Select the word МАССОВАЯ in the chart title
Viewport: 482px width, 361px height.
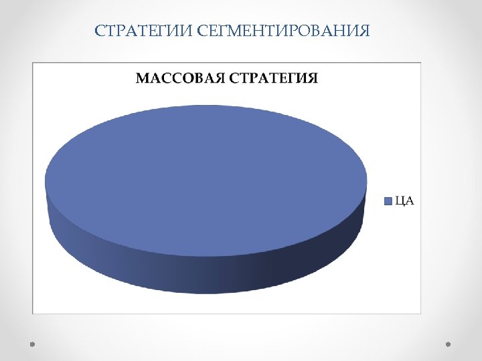(x=180, y=78)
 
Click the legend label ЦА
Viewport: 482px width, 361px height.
(x=404, y=201)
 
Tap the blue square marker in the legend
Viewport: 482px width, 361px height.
(x=388, y=201)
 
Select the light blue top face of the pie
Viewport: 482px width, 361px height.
(x=206, y=179)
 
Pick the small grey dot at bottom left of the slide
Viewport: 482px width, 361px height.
(x=31, y=344)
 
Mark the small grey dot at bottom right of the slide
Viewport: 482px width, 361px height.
(x=449, y=344)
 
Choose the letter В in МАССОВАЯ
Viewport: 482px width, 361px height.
(x=198, y=78)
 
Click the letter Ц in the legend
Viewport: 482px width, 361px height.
(x=400, y=201)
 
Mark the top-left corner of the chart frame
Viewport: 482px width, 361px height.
(x=33, y=64)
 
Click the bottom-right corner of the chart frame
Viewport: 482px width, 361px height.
(x=420, y=313)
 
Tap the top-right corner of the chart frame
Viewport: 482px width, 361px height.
(x=420, y=64)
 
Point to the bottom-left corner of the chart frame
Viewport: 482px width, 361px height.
(x=33, y=313)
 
